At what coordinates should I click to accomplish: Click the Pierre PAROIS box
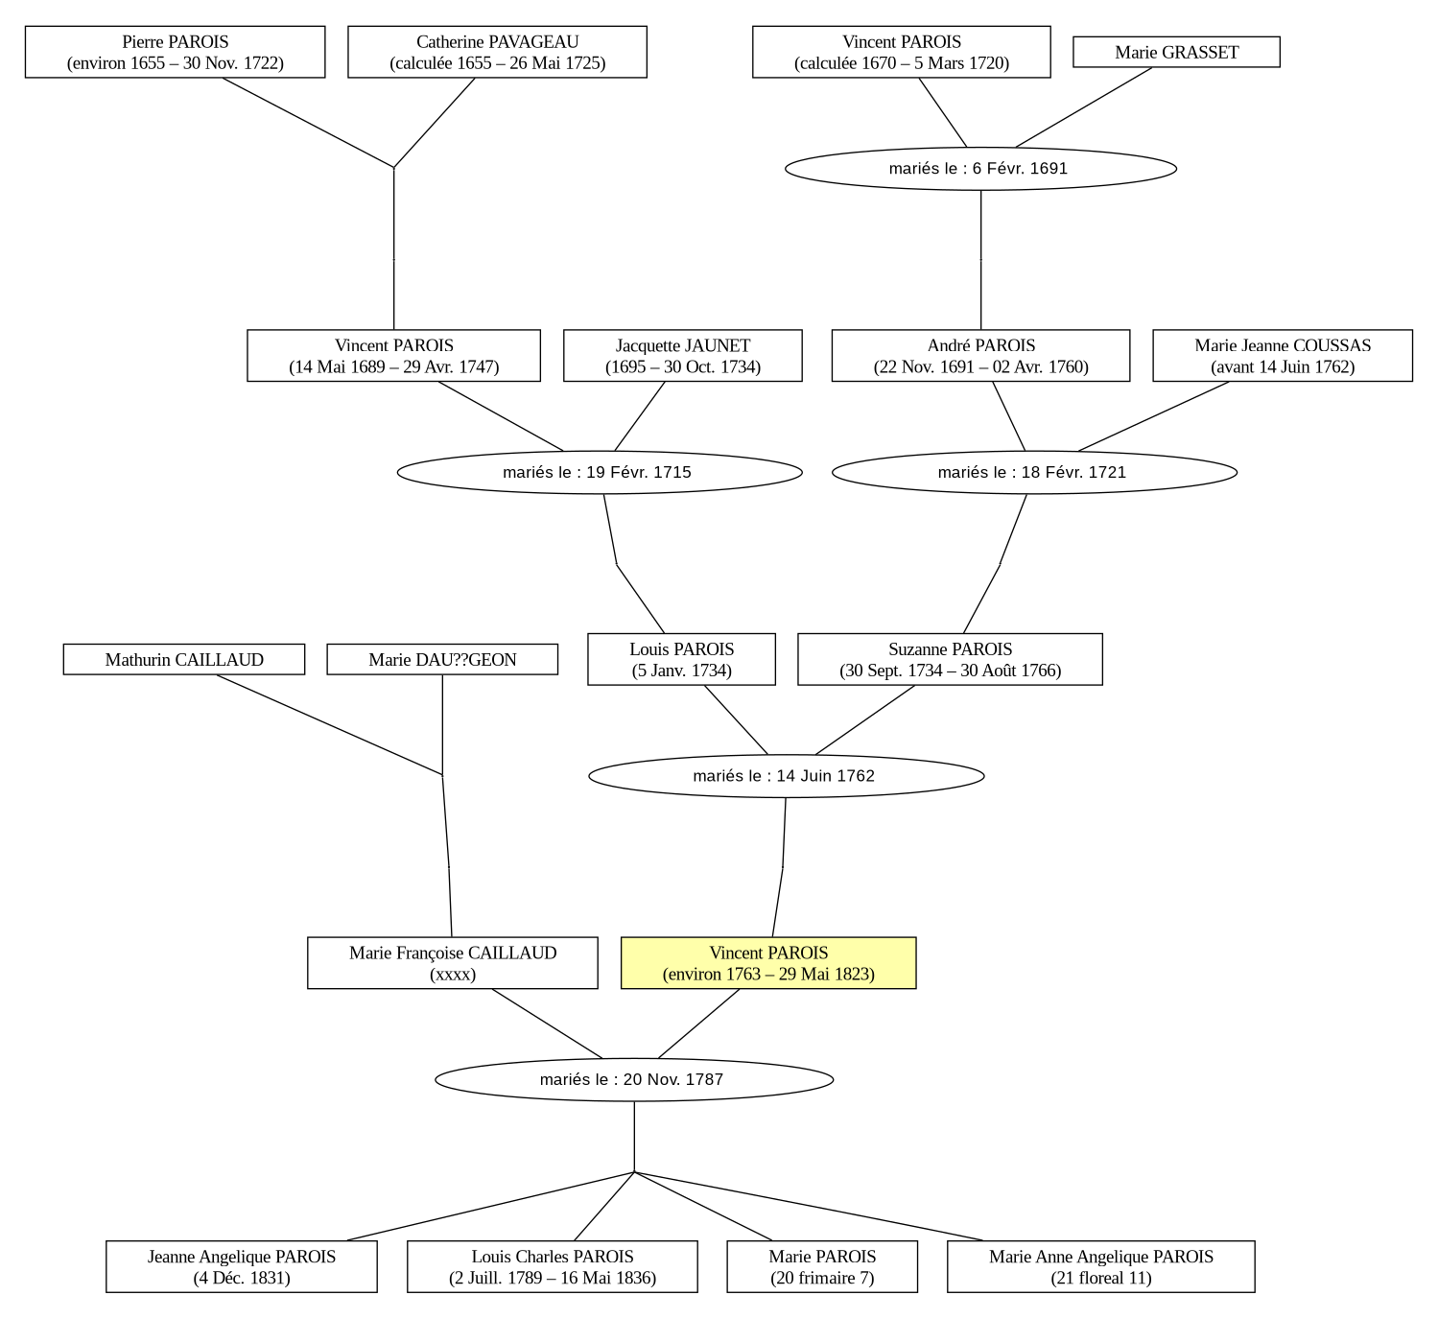pos(175,52)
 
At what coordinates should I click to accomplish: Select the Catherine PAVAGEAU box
pos(498,52)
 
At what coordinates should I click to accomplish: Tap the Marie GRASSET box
pos(1176,52)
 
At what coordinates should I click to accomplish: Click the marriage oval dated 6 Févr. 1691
pos(980,169)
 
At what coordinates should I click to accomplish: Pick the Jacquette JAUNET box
pos(682,356)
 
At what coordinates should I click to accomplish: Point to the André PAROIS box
pos(980,356)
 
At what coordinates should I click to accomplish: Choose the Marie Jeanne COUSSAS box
pos(1283,356)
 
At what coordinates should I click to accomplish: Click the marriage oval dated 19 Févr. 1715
pos(600,472)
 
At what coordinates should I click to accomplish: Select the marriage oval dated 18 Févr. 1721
pos(1034,472)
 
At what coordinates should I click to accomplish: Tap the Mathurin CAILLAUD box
pos(184,660)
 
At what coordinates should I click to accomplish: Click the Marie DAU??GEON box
pos(442,660)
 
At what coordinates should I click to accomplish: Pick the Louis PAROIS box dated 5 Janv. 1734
pos(682,660)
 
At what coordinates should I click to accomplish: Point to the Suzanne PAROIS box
pos(950,660)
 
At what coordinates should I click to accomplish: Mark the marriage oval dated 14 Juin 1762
pos(787,776)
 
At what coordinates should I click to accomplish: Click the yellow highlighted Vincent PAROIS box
pos(768,963)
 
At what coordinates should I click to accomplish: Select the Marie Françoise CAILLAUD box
pos(453,963)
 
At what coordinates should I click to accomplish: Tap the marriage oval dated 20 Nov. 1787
pos(634,1079)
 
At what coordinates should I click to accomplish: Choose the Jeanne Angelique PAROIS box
pos(242,1266)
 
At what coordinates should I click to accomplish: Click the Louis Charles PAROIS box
pos(552,1266)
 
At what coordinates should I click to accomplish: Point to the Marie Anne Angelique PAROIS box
pos(1101,1266)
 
